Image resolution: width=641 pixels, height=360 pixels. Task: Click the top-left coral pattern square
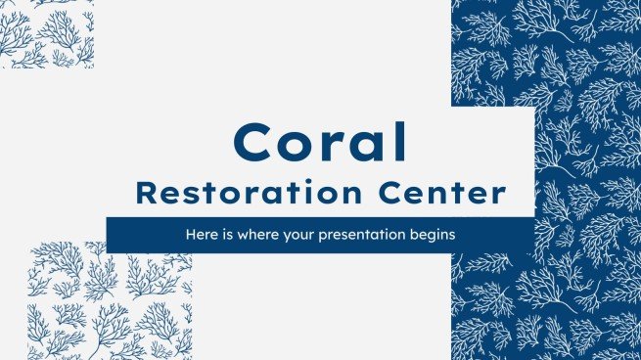pos(46,34)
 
